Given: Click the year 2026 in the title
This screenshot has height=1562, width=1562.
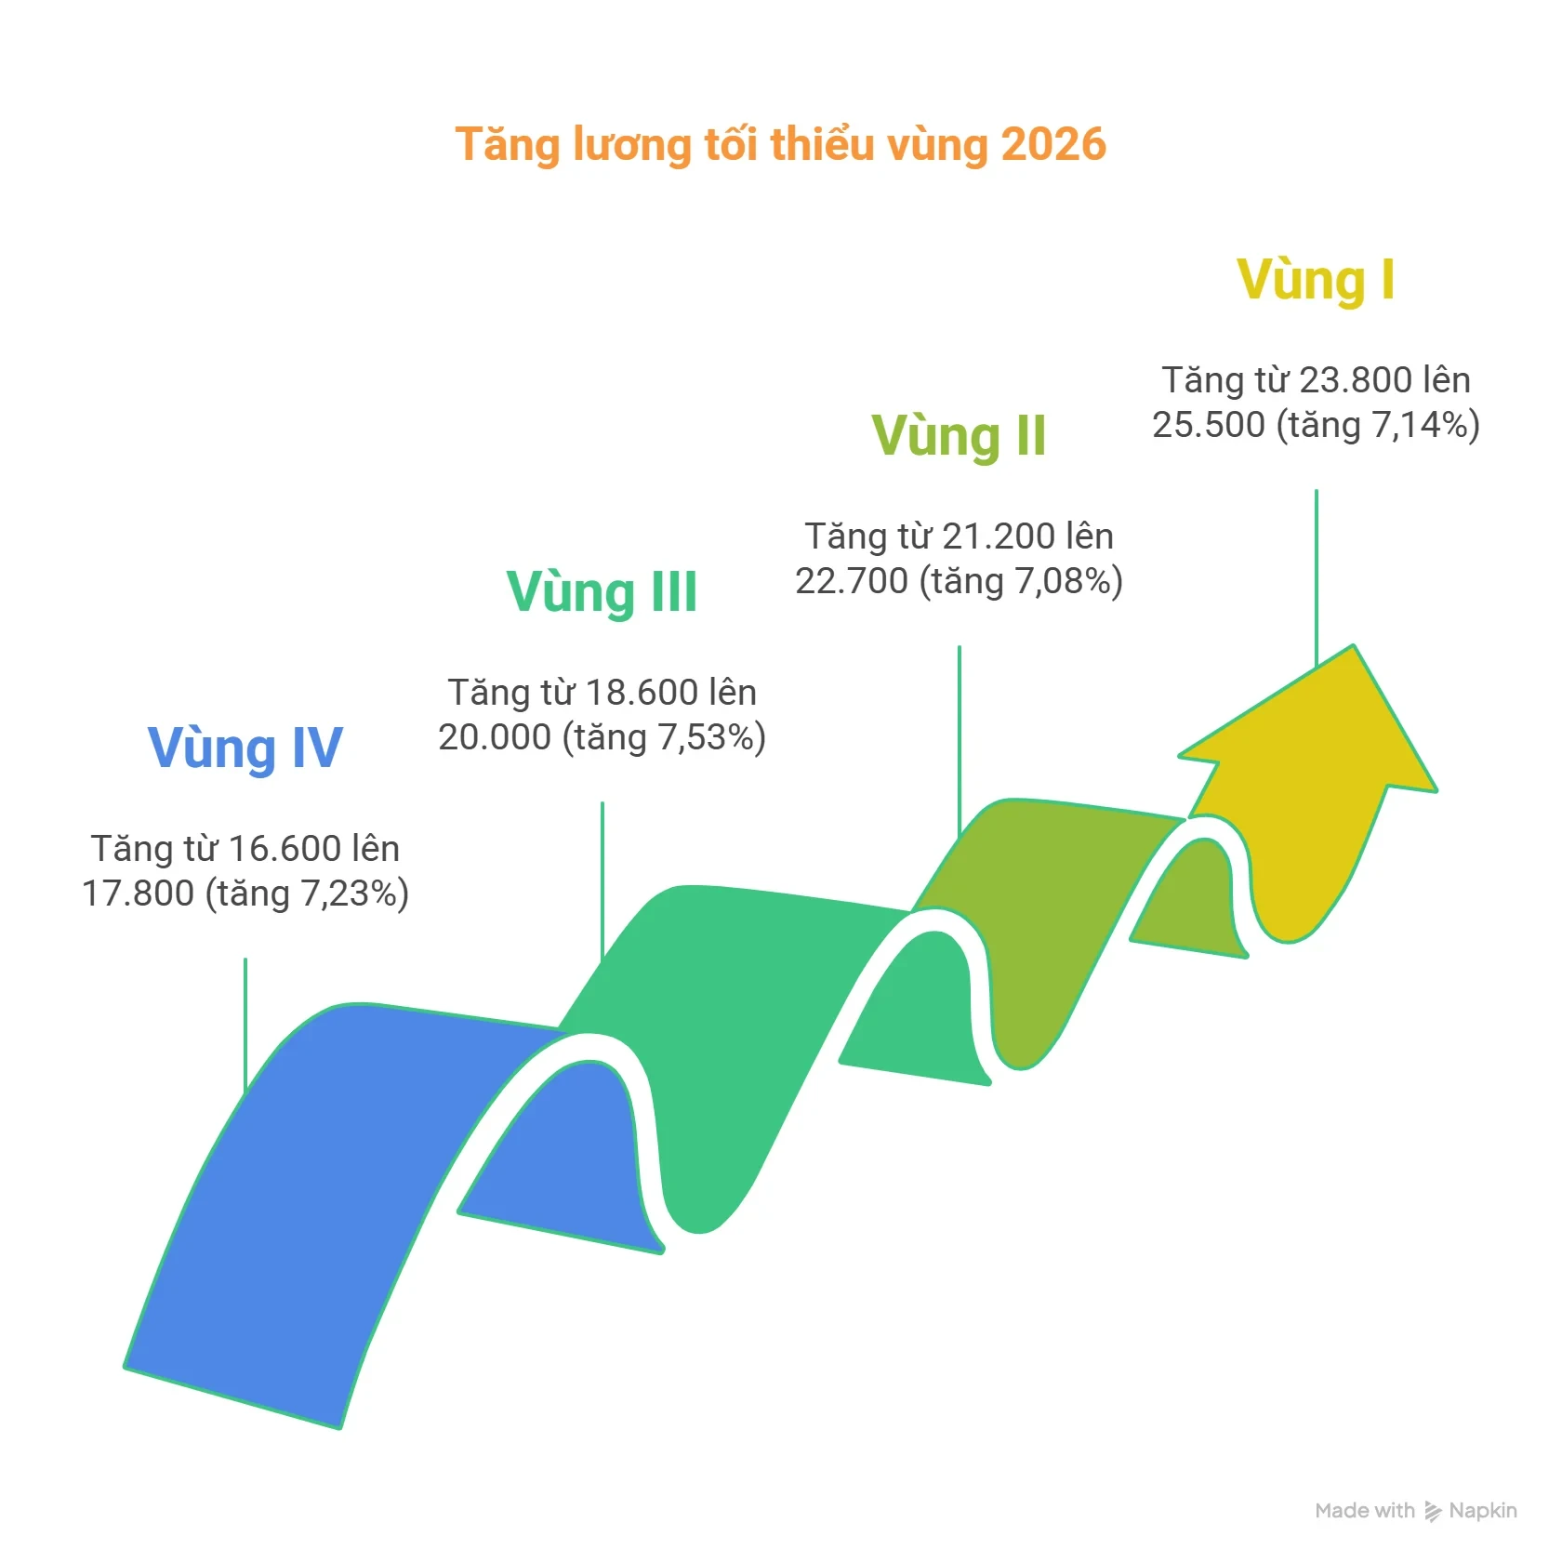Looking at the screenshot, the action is tap(1053, 144).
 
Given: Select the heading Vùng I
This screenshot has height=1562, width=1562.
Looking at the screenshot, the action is tap(1316, 279).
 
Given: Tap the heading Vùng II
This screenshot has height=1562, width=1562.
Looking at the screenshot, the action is tap(959, 435).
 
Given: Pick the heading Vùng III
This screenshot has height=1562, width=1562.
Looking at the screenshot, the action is tap(602, 591).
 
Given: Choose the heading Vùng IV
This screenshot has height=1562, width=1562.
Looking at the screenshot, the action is tap(245, 748).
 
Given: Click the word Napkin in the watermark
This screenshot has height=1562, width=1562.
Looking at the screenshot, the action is tap(1483, 1511).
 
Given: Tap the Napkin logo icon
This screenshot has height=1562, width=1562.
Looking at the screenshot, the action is tap(1433, 1512).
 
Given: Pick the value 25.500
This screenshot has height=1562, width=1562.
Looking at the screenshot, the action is tap(1209, 425).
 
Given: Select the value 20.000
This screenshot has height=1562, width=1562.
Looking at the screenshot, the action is tap(495, 737).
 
